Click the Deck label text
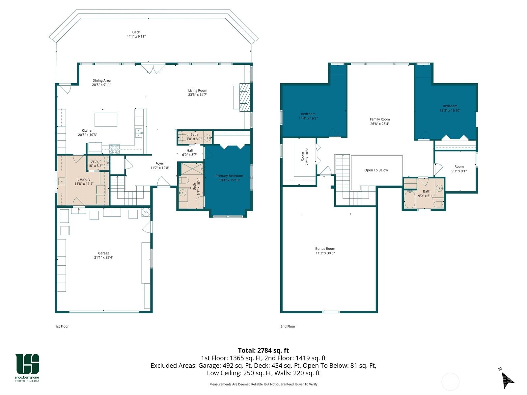(136, 32)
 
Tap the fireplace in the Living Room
(244, 97)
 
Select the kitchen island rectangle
(106, 119)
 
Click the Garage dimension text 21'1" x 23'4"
(104, 258)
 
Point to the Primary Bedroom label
(229, 176)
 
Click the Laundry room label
(84, 179)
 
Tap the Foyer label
(160, 163)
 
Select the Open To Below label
(376, 170)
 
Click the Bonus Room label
(325, 249)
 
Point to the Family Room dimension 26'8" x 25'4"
(380, 124)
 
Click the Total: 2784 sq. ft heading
(263, 351)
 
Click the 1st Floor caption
(62, 327)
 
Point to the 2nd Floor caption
(288, 327)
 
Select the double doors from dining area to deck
(153, 69)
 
